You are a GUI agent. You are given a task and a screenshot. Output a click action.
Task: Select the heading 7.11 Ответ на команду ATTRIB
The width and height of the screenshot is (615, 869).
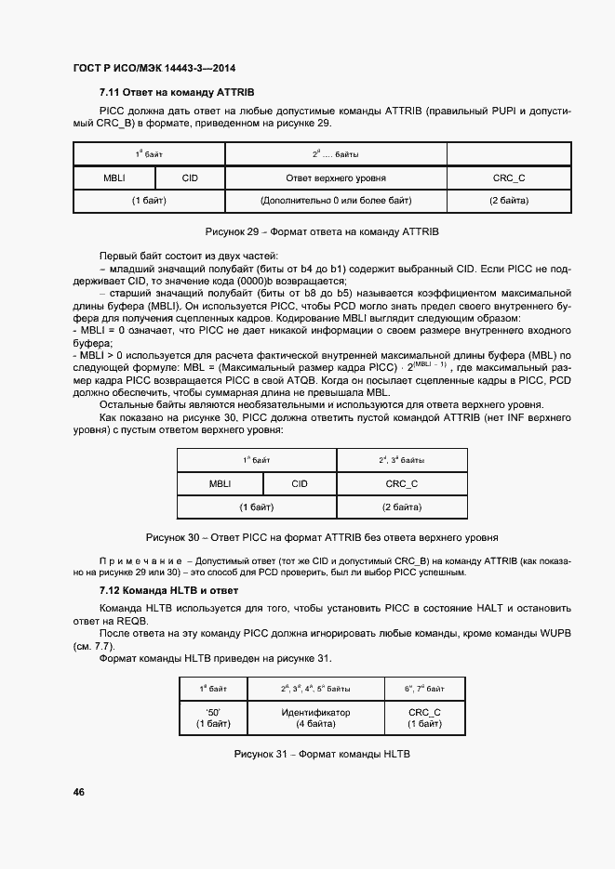176,94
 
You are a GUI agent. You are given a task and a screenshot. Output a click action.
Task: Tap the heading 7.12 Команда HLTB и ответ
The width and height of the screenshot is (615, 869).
168,590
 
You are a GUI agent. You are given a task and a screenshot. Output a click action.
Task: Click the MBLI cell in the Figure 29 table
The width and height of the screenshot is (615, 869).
114,177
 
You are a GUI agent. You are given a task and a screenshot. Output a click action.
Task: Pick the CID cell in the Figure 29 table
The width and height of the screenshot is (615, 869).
190,177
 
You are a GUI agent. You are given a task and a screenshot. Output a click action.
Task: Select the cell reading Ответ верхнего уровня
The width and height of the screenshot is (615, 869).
336,177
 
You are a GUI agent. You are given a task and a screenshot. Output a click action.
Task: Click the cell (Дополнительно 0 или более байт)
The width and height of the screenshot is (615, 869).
336,201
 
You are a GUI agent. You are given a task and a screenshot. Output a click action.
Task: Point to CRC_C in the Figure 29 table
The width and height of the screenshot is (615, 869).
509,177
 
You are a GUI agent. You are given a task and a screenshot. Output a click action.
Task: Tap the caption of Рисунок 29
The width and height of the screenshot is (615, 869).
321,230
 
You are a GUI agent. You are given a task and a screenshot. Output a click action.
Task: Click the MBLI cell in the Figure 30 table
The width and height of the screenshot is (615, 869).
221,483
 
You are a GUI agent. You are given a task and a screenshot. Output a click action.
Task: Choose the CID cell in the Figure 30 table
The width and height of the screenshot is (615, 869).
300,483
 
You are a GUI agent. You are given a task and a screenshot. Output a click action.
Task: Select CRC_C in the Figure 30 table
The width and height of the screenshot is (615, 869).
401,483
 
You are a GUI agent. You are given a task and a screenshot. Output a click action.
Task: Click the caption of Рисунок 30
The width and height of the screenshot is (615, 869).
321,537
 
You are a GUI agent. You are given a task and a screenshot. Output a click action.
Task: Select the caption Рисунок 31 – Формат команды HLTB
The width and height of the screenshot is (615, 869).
322,753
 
